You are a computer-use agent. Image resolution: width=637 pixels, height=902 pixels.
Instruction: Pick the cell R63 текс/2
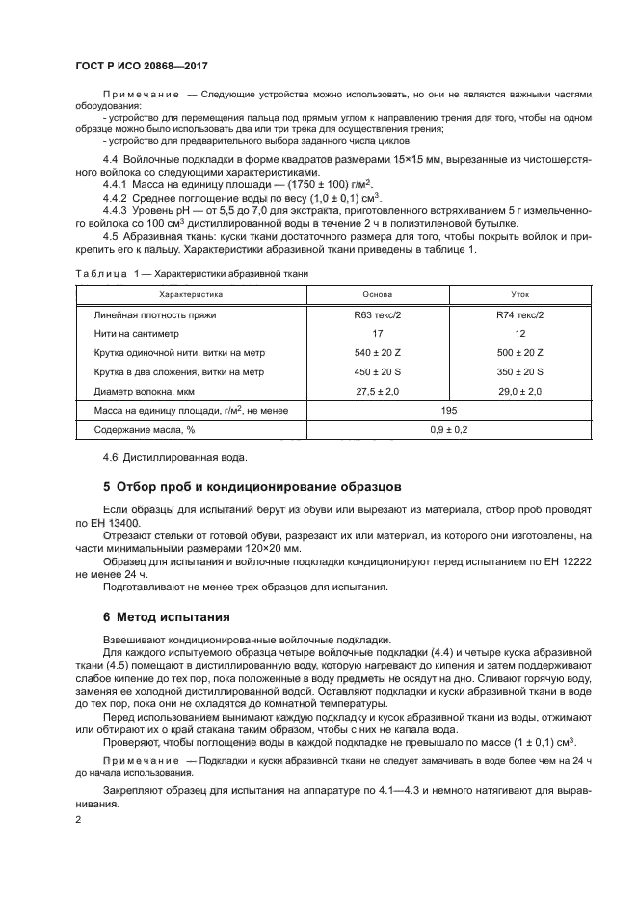(x=377, y=315)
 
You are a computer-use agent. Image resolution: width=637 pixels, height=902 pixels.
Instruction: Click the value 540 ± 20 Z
(x=377, y=353)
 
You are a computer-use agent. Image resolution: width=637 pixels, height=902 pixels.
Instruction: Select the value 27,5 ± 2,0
(x=377, y=392)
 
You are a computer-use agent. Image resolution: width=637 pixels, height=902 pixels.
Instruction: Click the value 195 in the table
(x=448, y=411)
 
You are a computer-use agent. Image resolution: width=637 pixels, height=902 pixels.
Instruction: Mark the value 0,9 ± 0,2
(x=448, y=430)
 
